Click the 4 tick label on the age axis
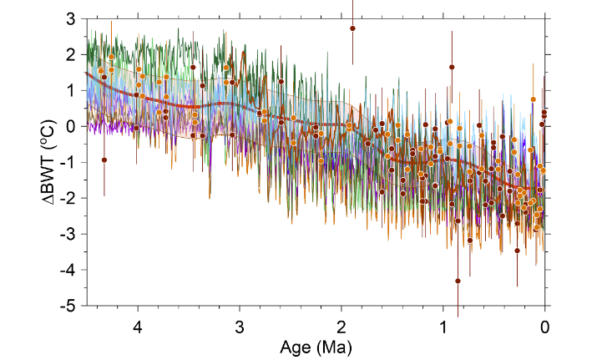[138, 324]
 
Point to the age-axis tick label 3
[240, 324]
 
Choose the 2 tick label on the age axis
[341, 324]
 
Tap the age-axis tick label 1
[443, 324]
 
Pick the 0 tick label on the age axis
[545, 324]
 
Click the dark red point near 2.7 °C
[352, 28]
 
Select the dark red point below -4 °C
[458, 281]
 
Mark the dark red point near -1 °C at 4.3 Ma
[104, 160]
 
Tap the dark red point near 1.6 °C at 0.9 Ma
[452, 67]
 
